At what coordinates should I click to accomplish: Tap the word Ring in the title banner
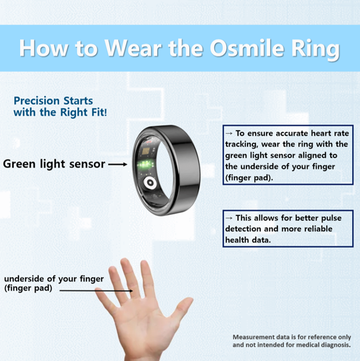pyautogui.click(x=315, y=50)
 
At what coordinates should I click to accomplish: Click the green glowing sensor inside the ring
pyautogui.click(x=145, y=164)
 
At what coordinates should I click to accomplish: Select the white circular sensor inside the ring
pyautogui.click(x=150, y=183)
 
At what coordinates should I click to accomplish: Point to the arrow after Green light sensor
pyautogui.click(x=118, y=164)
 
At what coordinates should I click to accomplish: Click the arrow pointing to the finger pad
pyautogui.click(x=96, y=291)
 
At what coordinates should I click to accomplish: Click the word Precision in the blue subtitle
pyautogui.click(x=36, y=101)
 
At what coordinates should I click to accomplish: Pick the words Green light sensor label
pyautogui.click(x=54, y=164)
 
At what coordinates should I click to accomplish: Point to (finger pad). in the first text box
pyautogui.click(x=249, y=178)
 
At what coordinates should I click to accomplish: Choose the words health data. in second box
pyautogui.click(x=248, y=240)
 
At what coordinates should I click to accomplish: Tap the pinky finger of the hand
pyautogui.click(x=103, y=299)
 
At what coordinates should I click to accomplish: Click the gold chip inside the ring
pyautogui.click(x=146, y=151)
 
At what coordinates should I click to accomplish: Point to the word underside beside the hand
pyautogui.click(x=24, y=279)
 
